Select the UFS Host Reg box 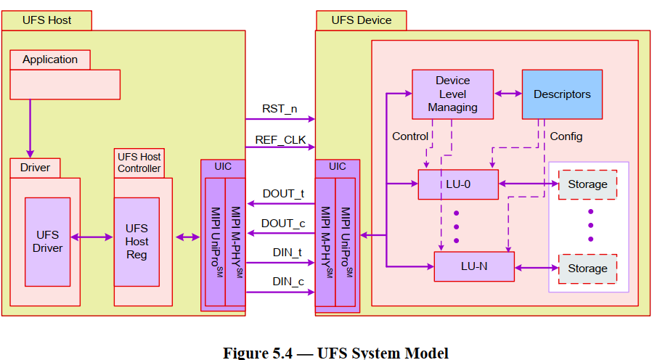(x=136, y=242)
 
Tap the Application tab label (x=50, y=60)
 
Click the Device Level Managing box (x=452, y=94)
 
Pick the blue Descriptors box (x=562, y=94)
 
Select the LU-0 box (x=457, y=184)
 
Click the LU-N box (x=473, y=266)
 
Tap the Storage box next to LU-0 (x=587, y=184)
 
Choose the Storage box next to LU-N (x=587, y=269)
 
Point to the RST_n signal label (x=280, y=109)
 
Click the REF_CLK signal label (x=280, y=139)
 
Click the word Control (x=410, y=136)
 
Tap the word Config (x=566, y=136)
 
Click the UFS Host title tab (x=47, y=20)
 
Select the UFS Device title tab (x=362, y=20)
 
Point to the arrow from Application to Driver (x=30, y=128)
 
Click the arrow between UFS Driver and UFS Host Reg (x=92, y=237)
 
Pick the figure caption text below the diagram (x=335, y=353)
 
